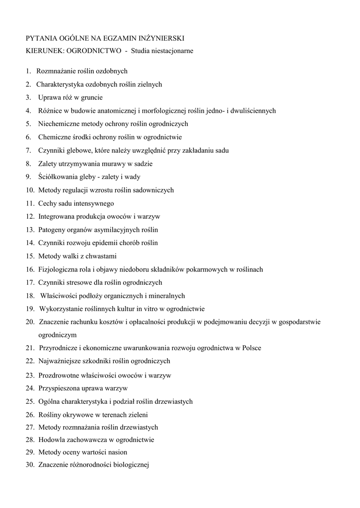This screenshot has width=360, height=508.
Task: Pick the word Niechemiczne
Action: (x=58, y=124)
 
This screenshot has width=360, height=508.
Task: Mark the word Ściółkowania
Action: (x=57, y=177)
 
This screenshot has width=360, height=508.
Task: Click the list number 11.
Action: (x=30, y=203)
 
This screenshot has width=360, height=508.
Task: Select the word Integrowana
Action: (x=55, y=216)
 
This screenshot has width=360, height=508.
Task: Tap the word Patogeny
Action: (x=51, y=230)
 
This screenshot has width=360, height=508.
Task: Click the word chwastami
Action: (x=99, y=256)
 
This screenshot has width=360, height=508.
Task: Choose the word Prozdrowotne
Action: (x=57, y=375)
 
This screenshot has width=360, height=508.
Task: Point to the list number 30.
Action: (x=30, y=465)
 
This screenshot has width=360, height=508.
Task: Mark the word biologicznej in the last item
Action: (x=132, y=465)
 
